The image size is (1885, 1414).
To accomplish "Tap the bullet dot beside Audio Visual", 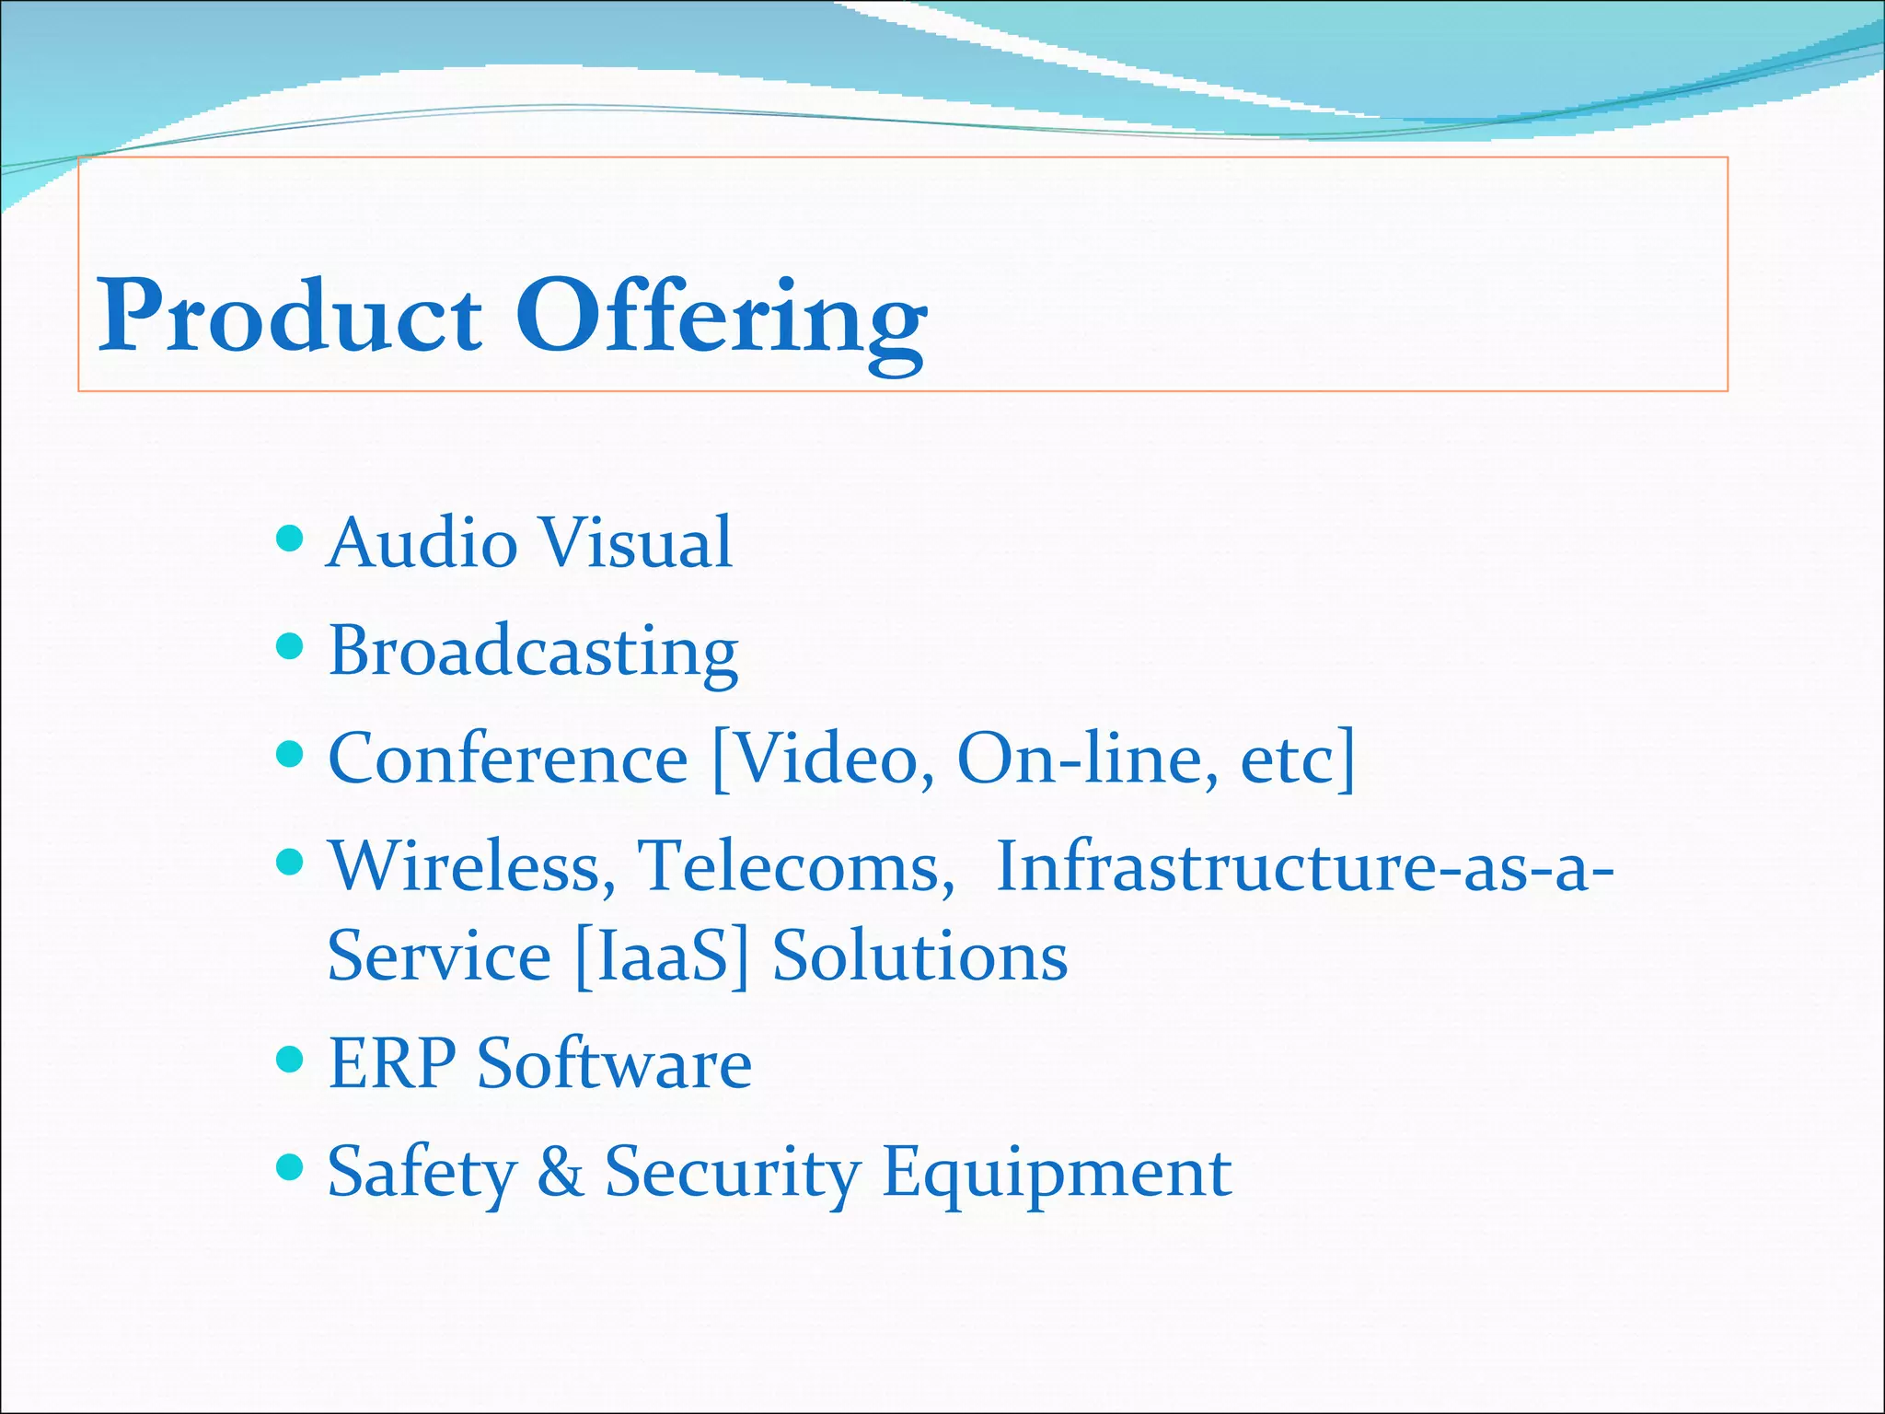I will click(290, 538).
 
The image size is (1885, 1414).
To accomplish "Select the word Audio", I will click(422, 542).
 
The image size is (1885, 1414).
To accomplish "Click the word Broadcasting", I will click(534, 652).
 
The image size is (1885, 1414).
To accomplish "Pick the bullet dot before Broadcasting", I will click(290, 646).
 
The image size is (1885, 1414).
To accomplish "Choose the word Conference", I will click(508, 759).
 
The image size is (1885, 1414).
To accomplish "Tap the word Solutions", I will click(919, 956).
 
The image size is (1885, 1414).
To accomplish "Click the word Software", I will click(614, 1064).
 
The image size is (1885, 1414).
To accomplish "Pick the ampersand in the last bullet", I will click(561, 1172).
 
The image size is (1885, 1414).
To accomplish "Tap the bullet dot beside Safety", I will click(290, 1167).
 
